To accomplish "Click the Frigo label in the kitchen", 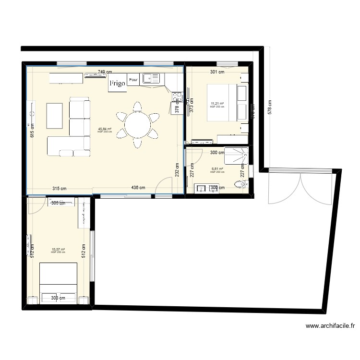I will click(117, 83).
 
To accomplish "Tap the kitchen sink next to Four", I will click(152, 79).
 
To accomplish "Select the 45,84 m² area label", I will click(104, 129).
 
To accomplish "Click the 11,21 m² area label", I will click(217, 104).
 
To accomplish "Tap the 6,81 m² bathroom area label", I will click(217, 169).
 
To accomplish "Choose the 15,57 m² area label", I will click(58, 250).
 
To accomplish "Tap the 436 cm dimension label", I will click(139, 188).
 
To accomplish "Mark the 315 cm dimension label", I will click(60, 188).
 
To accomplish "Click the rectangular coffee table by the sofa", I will click(54, 116).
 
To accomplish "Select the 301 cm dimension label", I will click(217, 72).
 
